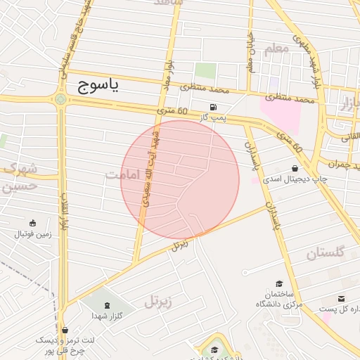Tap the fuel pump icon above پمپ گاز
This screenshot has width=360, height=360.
coord(212,107)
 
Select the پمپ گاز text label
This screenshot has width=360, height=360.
coord(212,118)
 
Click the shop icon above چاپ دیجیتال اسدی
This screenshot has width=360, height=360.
coord(293,168)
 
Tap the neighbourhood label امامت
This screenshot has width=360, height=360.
coord(120,174)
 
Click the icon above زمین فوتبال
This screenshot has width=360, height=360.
coord(32,223)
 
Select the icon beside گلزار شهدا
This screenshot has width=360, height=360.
coord(107,304)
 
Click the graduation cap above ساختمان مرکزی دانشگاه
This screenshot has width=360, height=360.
coord(279,283)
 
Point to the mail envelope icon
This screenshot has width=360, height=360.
coord(342,299)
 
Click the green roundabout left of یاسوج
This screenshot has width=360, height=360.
coord(61,99)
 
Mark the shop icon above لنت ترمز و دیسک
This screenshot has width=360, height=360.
coord(65,330)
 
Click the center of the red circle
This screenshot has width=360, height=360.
coord(180,180)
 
